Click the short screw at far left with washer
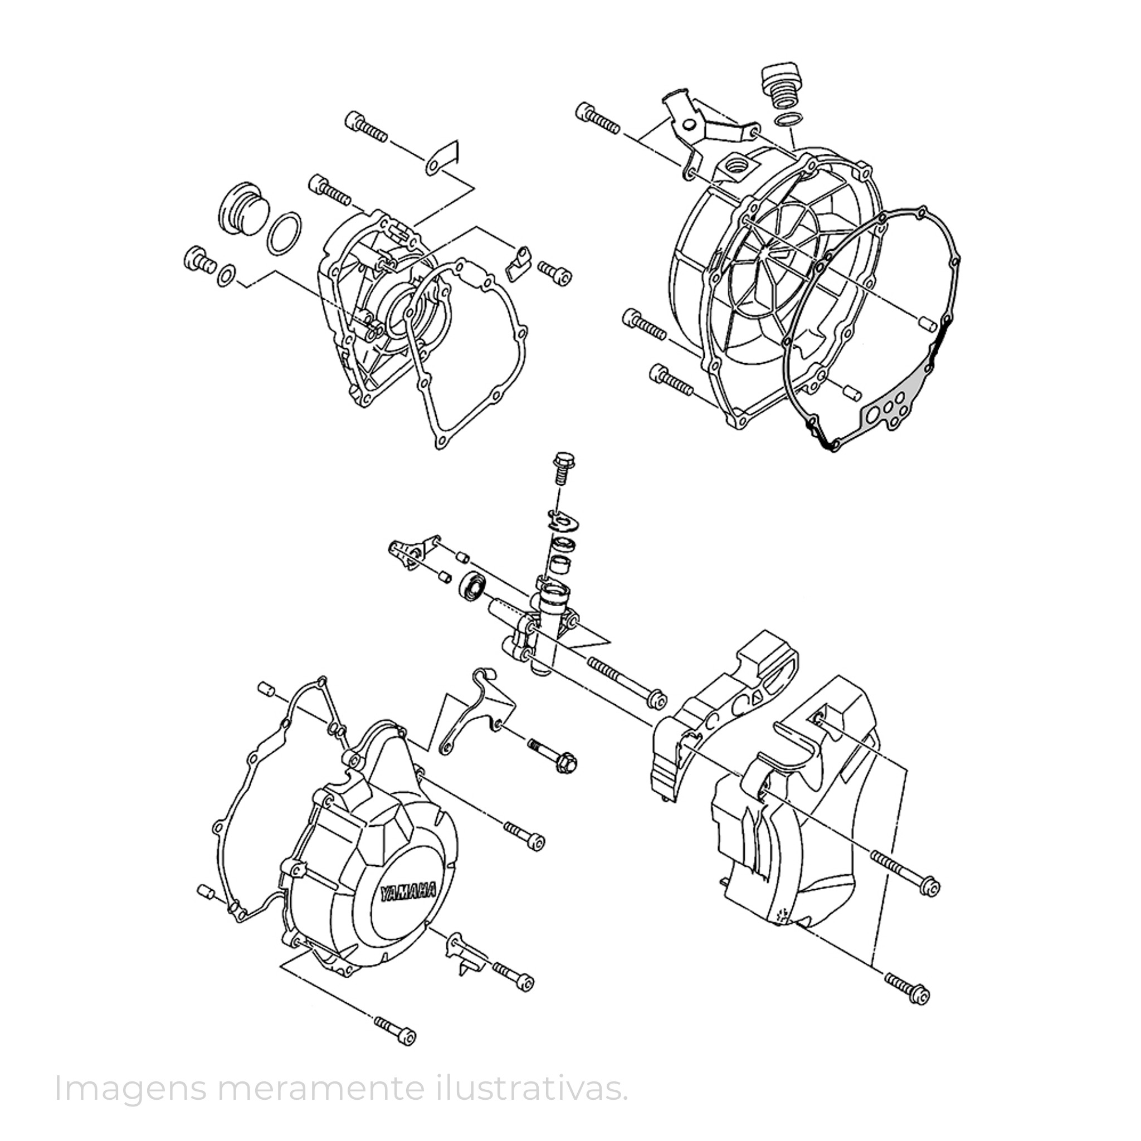tap(201, 260)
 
